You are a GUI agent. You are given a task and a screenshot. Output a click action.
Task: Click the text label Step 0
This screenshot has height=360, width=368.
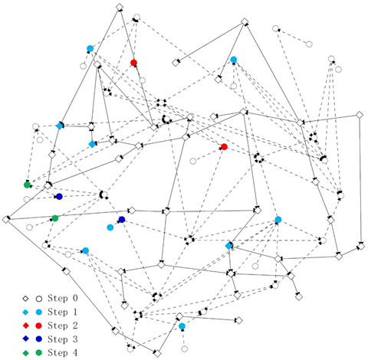click(x=62, y=298)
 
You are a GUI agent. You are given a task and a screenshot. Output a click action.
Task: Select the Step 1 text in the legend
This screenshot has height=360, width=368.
click(x=62, y=312)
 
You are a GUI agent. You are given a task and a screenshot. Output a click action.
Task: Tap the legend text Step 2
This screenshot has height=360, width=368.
click(x=62, y=326)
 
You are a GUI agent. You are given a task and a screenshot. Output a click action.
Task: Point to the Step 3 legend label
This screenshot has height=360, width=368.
click(x=62, y=339)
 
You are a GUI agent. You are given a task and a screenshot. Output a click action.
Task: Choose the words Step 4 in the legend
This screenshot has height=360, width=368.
click(x=62, y=352)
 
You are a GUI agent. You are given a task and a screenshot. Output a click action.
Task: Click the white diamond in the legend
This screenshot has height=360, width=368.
click(x=25, y=299)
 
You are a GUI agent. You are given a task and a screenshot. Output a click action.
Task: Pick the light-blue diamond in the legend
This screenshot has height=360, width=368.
click(x=25, y=312)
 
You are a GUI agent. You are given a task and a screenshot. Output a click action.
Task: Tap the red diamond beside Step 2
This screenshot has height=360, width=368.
click(x=25, y=326)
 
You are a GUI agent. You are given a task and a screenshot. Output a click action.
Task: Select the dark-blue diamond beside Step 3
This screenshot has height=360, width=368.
click(x=25, y=339)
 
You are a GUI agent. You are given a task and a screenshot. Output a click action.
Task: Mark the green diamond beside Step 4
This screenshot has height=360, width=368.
click(x=25, y=353)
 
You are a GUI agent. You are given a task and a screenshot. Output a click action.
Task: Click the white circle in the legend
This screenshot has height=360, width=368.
click(x=39, y=299)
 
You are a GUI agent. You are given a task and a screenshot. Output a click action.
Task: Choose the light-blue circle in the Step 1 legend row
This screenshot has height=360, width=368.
click(x=39, y=312)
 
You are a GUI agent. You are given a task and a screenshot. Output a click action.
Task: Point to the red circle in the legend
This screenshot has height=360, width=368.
click(x=39, y=326)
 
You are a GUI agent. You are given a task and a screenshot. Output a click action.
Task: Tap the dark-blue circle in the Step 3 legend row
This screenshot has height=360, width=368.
click(x=39, y=339)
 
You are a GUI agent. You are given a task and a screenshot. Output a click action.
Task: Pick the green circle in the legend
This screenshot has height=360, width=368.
click(x=39, y=353)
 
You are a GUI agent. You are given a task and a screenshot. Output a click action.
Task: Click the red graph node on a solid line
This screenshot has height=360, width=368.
click(x=133, y=63)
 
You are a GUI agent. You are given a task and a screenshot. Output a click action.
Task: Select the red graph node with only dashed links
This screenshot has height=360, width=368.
click(x=224, y=147)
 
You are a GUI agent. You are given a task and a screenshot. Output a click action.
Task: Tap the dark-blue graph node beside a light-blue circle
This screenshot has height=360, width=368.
click(x=122, y=220)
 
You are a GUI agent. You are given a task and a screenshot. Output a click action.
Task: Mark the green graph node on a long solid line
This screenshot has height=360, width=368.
click(x=55, y=218)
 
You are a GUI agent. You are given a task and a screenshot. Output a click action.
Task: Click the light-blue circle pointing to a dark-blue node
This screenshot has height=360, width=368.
click(x=110, y=227)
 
